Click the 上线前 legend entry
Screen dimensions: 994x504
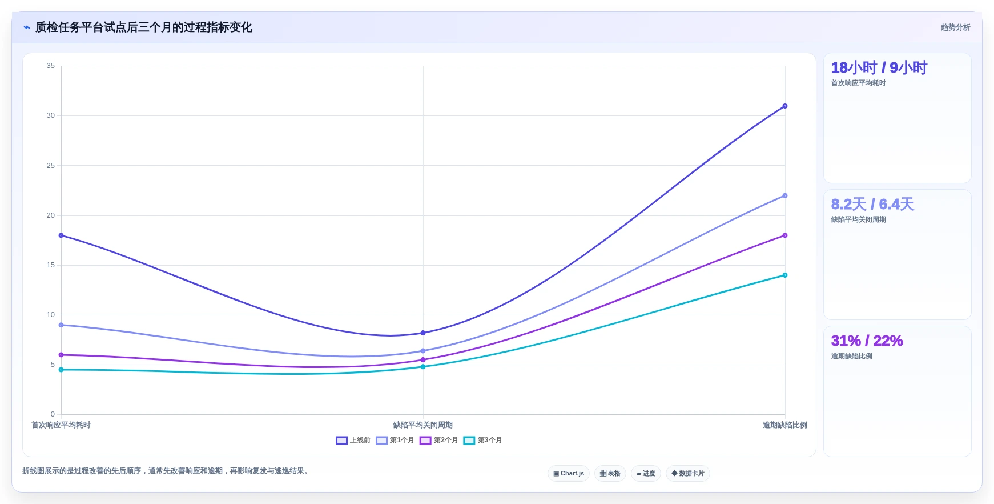coord(353,441)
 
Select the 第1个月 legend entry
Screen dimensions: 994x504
coord(395,441)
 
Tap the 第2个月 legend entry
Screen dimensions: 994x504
coord(439,441)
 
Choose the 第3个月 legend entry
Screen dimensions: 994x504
coord(483,441)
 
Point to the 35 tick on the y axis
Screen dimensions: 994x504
coord(51,66)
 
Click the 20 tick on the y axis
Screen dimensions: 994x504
coord(51,215)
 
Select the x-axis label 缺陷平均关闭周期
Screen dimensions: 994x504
coord(423,425)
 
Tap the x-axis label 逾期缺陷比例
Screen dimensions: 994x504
coord(785,425)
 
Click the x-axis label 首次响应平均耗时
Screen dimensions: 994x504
coord(61,425)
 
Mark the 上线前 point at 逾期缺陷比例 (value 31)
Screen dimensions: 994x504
coord(785,106)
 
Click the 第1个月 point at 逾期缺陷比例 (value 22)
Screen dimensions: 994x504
coord(785,196)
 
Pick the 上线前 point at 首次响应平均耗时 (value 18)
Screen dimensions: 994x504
coord(61,235)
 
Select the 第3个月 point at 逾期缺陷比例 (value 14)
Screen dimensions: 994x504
coord(785,275)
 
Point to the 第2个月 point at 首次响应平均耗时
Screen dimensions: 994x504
coord(61,355)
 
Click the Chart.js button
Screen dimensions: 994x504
coord(569,474)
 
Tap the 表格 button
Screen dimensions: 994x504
coord(610,474)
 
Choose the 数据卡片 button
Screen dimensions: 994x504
coord(688,474)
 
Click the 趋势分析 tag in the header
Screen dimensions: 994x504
coord(956,27)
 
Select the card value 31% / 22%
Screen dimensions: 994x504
coord(867,341)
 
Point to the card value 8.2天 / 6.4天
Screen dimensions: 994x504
coord(872,205)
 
